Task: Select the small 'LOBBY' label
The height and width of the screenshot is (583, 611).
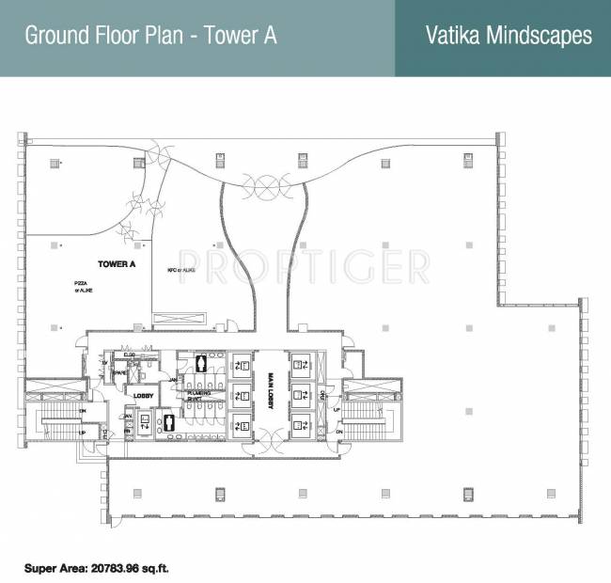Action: [142, 397]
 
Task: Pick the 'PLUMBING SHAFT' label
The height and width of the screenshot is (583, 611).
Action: [198, 396]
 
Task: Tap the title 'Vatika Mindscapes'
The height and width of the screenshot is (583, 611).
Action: [509, 36]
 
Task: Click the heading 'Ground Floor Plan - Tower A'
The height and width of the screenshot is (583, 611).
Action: [150, 37]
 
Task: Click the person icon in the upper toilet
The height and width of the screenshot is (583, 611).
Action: [200, 364]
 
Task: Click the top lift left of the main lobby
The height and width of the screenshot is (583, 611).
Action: [241, 364]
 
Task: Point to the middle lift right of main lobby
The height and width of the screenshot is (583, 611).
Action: [302, 393]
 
